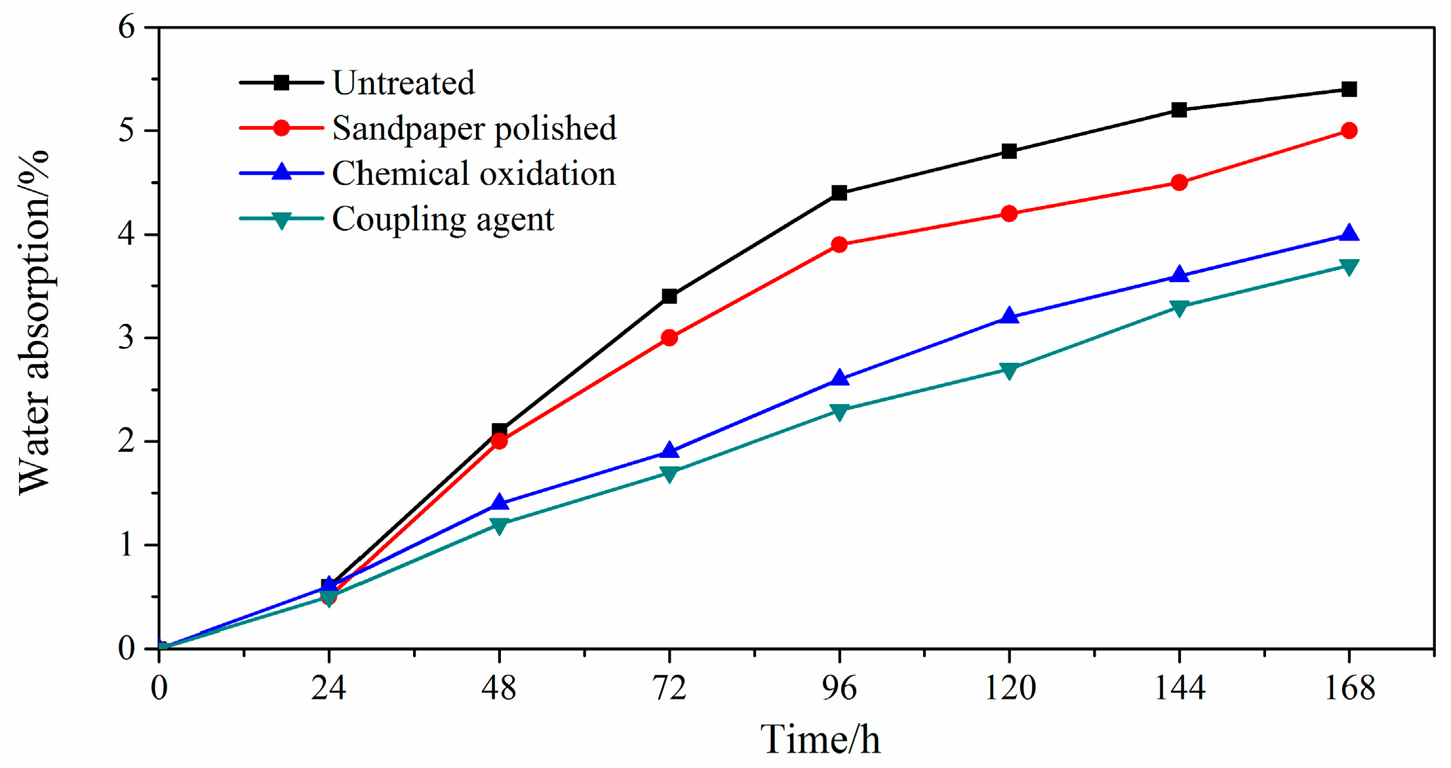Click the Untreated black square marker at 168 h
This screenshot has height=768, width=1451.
pyautogui.click(x=1349, y=89)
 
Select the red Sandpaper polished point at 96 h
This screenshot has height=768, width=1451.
pyautogui.click(x=839, y=245)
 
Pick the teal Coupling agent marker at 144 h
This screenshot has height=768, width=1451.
pyautogui.click(x=1179, y=307)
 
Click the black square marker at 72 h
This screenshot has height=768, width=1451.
pyautogui.click(x=669, y=296)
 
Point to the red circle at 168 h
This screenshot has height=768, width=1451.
pyautogui.click(x=1349, y=131)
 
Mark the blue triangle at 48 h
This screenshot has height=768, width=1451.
pyautogui.click(x=499, y=503)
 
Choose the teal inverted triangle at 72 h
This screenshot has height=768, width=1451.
pyautogui.click(x=669, y=473)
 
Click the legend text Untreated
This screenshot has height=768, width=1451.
pyautogui.click(x=403, y=83)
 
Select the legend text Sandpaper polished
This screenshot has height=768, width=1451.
pyautogui.click(x=474, y=128)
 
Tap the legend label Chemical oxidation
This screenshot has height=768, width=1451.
pyautogui.click(x=473, y=173)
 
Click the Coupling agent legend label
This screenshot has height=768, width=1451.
pyautogui.click(x=443, y=219)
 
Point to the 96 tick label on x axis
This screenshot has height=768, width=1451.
pyautogui.click(x=839, y=688)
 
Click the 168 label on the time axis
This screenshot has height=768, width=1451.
pyautogui.click(x=1349, y=688)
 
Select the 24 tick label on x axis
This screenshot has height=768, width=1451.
pyautogui.click(x=328, y=688)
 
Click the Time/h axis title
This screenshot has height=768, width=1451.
pyautogui.click(x=820, y=739)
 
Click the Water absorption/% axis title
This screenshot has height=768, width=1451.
pyautogui.click(x=34, y=321)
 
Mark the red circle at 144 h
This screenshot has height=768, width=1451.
pyautogui.click(x=1179, y=182)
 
